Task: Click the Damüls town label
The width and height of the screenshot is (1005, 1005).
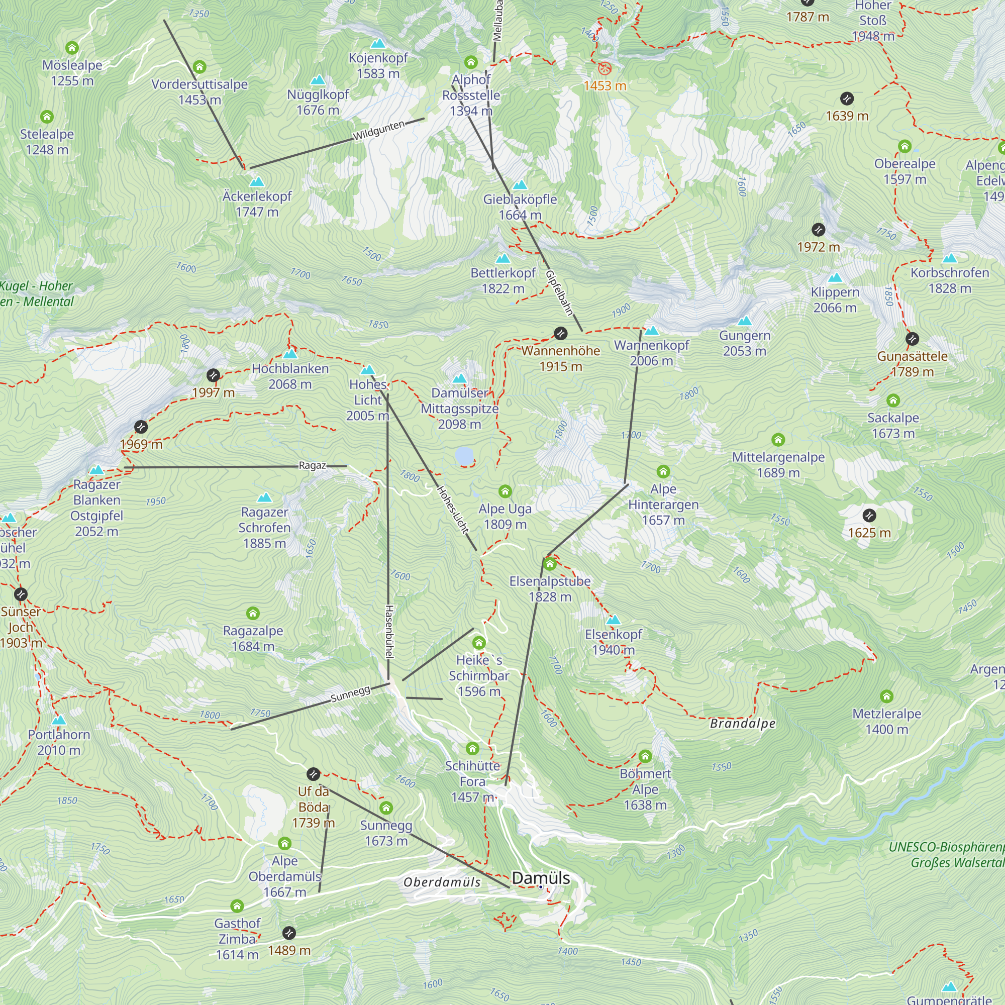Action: [x=541, y=877]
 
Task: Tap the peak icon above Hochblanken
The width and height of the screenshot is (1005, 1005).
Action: [x=290, y=354]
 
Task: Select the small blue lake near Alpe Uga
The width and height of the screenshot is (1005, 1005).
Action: [x=464, y=456]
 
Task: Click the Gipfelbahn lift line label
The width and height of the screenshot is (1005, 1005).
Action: [x=559, y=293]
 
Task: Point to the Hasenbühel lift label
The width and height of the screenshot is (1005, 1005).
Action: [x=388, y=632]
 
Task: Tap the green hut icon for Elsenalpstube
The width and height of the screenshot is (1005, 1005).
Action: [x=550, y=564]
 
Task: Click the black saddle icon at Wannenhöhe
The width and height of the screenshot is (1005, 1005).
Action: [x=560, y=333]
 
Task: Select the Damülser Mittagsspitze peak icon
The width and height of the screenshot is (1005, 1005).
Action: [x=459, y=379]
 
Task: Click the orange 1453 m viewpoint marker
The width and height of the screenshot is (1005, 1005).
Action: [x=605, y=69]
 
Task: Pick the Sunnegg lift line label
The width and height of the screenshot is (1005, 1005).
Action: [x=351, y=694]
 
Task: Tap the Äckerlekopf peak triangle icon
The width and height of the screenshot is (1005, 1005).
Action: [x=257, y=182]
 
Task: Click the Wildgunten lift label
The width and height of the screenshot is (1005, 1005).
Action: [x=379, y=131]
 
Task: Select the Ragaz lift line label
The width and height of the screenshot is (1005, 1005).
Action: [x=312, y=466]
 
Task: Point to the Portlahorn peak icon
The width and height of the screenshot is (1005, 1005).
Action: [x=59, y=721]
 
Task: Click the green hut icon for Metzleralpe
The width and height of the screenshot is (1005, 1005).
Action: [x=886, y=696]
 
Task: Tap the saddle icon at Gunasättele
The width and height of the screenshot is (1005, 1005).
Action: [x=912, y=339]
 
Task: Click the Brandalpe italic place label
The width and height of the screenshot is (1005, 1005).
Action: [x=742, y=724]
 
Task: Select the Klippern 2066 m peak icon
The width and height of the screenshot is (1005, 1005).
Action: [x=834, y=278]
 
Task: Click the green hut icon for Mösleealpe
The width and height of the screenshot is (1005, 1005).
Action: [x=72, y=48]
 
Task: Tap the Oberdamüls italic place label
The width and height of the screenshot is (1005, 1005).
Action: [x=442, y=882]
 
